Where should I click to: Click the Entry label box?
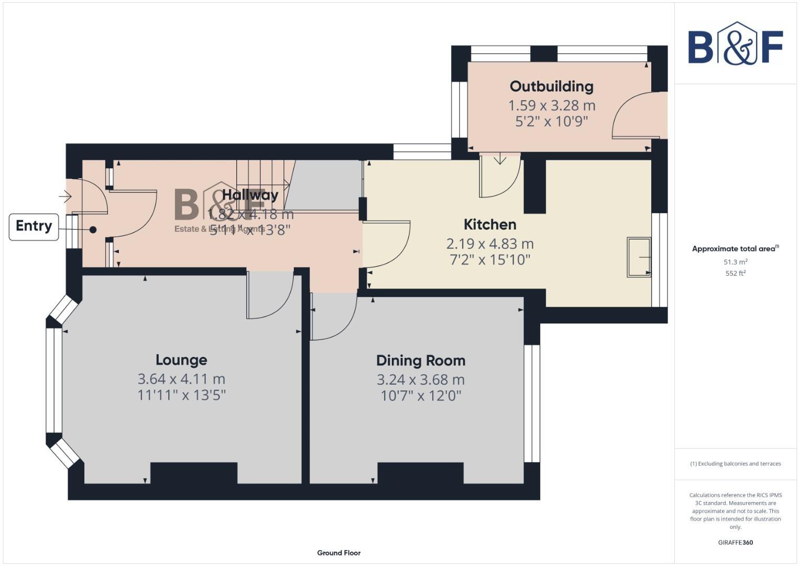[x=34, y=226]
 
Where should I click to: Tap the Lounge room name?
[x=181, y=360]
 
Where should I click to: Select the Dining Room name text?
[x=421, y=361]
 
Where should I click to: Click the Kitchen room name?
[x=490, y=225]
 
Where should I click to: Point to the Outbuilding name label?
[x=552, y=86]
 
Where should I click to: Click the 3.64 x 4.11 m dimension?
[x=181, y=379]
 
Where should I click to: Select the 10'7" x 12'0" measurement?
[x=421, y=396]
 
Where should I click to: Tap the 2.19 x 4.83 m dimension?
[x=490, y=244]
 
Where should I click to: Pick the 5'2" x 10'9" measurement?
[x=552, y=122]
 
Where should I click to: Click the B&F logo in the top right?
[x=735, y=45]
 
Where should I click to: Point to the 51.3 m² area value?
[x=735, y=262]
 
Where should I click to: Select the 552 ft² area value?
[x=735, y=273]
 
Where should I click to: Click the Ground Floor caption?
[x=338, y=553]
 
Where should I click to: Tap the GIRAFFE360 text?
[x=735, y=542]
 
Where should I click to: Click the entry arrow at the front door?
[x=65, y=197]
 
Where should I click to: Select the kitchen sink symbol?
[x=639, y=257]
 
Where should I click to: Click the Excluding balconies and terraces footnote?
[x=735, y=464]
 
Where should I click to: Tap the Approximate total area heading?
[x=735, y=249]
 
